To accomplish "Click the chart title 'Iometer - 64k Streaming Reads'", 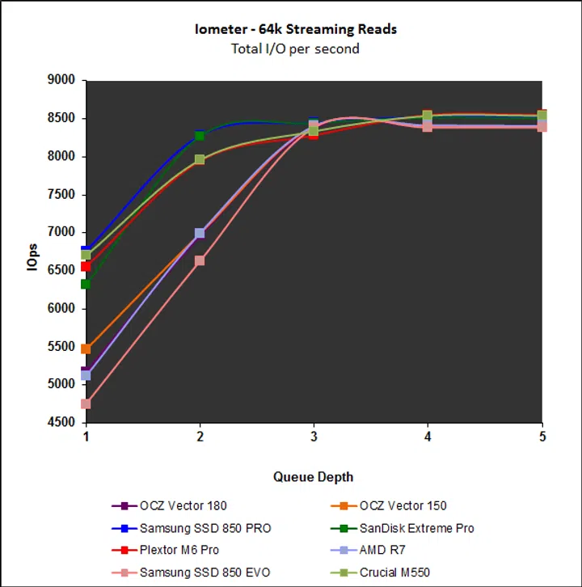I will click(x=296, y=30).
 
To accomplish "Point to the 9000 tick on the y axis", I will click(x=61, y=80).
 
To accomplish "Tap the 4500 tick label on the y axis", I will click(x=61, y=422).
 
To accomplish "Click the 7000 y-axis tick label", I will click(x=61, y=232).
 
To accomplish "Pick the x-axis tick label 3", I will click(x=314, y=437).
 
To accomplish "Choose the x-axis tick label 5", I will click(x=542, y=437).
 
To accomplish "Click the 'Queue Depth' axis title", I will click(x=313, y=476).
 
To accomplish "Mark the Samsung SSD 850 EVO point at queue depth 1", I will click(x=86, y=403).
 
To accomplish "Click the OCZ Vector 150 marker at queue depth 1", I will click(x=86, y=348).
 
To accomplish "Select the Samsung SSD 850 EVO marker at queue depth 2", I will click(x=200, y=260).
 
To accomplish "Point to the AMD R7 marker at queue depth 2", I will click(x=200, y=233).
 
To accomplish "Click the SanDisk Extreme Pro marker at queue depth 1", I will click(x=86, y=284).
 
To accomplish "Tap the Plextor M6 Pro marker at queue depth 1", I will click(x=86, y=266).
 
